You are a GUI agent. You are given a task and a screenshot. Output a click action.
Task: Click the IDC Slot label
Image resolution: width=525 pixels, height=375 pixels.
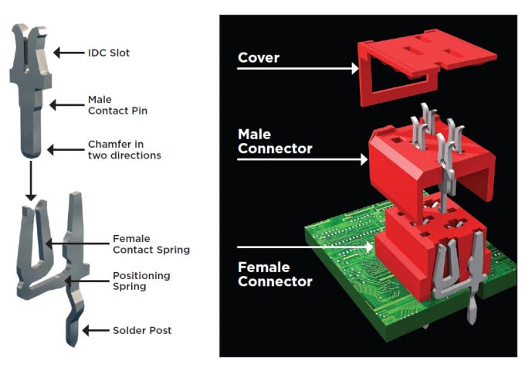[109, 53]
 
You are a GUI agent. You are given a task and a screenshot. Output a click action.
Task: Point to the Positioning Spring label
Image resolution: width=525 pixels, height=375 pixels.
[141, 281]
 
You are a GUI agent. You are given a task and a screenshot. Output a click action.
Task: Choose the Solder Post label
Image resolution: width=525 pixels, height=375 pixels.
[141, 330]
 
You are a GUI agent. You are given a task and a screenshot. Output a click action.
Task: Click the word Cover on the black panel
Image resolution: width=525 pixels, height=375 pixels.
[259, 57]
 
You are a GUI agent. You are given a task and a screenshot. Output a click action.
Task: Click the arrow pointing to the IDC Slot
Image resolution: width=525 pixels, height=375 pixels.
[68, 53]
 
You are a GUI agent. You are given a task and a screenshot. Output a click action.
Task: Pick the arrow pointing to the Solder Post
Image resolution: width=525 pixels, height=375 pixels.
[97, 330]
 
